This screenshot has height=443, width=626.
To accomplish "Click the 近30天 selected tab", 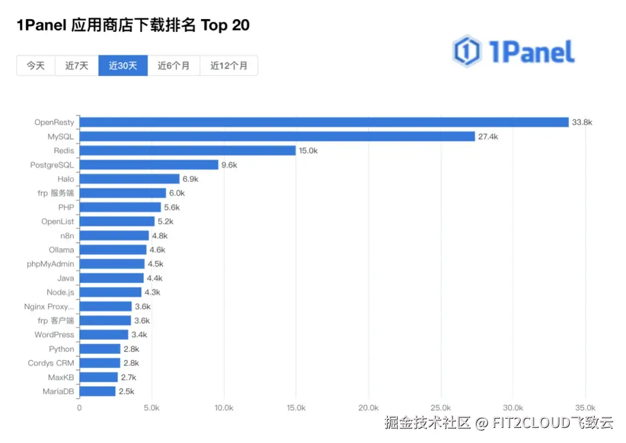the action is click(123, 65).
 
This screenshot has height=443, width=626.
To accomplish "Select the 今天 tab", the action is click(35, 65).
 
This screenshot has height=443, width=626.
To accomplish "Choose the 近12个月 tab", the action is click(229, 65).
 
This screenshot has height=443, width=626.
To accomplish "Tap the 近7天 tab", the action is click(77, 65).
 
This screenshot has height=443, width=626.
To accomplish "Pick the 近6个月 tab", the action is click(174, 65).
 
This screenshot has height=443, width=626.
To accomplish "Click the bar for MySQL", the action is click(277, 136).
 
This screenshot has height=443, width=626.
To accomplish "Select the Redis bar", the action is click(188, 151).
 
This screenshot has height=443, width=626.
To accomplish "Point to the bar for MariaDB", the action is click(97, 391).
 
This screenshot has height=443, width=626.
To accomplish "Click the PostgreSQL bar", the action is click(149, 164).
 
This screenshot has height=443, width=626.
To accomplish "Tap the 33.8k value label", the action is click(582, 122).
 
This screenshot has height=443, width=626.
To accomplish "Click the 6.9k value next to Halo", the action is click(191, 179).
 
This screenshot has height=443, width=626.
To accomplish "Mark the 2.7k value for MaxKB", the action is click(129, 377).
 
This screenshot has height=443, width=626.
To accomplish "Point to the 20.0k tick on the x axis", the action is click(369, 408).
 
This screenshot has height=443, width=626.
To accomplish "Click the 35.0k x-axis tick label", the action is click(585, 408).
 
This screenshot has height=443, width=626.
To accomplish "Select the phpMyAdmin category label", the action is click(50, 264).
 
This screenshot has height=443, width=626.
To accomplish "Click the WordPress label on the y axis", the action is click(54, 335).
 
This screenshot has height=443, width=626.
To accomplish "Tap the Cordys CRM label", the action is click(51, 363).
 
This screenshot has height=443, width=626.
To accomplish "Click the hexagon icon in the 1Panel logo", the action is click(467, 50).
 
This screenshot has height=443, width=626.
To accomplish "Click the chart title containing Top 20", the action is click(133, 25).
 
